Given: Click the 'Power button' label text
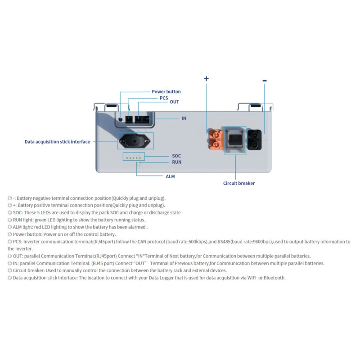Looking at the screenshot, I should point(166,92).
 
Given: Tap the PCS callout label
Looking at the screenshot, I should point(164,98).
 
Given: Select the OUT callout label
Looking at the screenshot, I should point(174,102).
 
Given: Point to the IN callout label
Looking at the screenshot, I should point(184,118).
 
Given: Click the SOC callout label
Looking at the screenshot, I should point(176,156).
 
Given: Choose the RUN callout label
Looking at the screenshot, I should point(176,162).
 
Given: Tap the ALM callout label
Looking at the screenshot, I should point(170,176).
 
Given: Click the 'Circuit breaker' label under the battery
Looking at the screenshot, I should point(239,183).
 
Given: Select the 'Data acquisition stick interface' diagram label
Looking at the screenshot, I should point(57,142).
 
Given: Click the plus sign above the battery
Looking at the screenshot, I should point(207,79).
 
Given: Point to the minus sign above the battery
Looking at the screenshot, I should point(265,81).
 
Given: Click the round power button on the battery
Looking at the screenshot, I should point(121,119).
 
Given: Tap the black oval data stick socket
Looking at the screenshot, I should point(135,141).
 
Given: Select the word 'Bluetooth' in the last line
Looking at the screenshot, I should point(274,278).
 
